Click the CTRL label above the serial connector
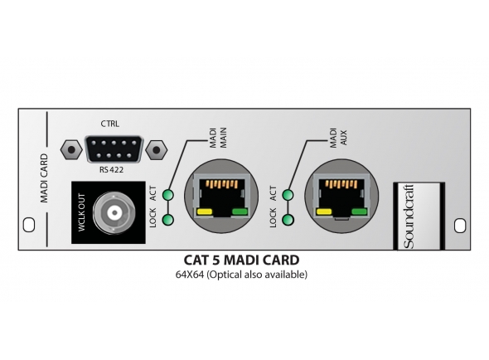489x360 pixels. [x=110, y=124]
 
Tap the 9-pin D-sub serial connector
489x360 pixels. [x=111, y=150]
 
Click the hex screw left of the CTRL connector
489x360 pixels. [x=73, y=150]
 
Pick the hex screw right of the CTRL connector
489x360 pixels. [x=153, y=150]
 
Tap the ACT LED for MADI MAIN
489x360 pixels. [x=168, y=196]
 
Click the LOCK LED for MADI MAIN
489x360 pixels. [x=168, y=221]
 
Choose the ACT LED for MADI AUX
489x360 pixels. [x=288, y=196]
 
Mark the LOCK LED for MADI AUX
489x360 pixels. [x=288, y=221]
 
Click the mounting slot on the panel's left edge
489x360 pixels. [x=27, y=224]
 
